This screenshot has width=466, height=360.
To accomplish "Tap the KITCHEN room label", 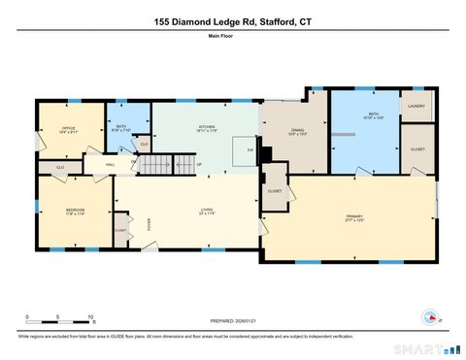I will [207, 127].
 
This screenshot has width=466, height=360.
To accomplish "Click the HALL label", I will [112, 165].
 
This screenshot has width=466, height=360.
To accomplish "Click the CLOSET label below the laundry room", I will [417, 149].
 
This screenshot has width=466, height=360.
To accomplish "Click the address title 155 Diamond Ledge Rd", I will [232, 20].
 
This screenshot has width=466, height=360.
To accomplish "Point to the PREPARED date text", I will [232, 322].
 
